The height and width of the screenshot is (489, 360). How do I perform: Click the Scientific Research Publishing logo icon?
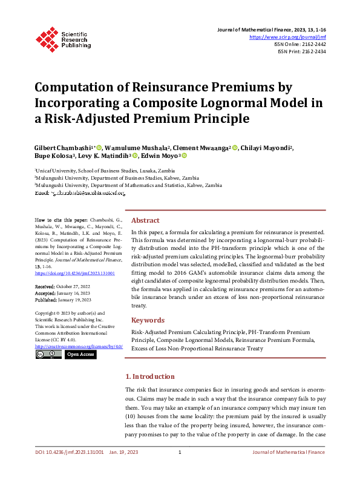pyautogui.click(x=47, y=38)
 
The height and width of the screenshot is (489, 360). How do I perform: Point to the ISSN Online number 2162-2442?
pyautogui.click(x=313, y=44)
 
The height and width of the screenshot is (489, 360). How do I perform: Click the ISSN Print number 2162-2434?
pyautogui.click(x=313, y=51)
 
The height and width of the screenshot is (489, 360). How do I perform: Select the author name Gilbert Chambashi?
pyautogui.click(x=63, y=148)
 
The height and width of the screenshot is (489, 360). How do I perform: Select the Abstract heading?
pyautogui.click(x=145, y=221)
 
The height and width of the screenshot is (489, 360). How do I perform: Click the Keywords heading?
pyautogui.click(x=148, y=320)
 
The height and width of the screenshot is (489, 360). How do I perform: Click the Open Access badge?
pyautogui.click(x=80, y=354)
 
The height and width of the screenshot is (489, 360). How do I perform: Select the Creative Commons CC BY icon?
pyautogui.click(x=48, y=354)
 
